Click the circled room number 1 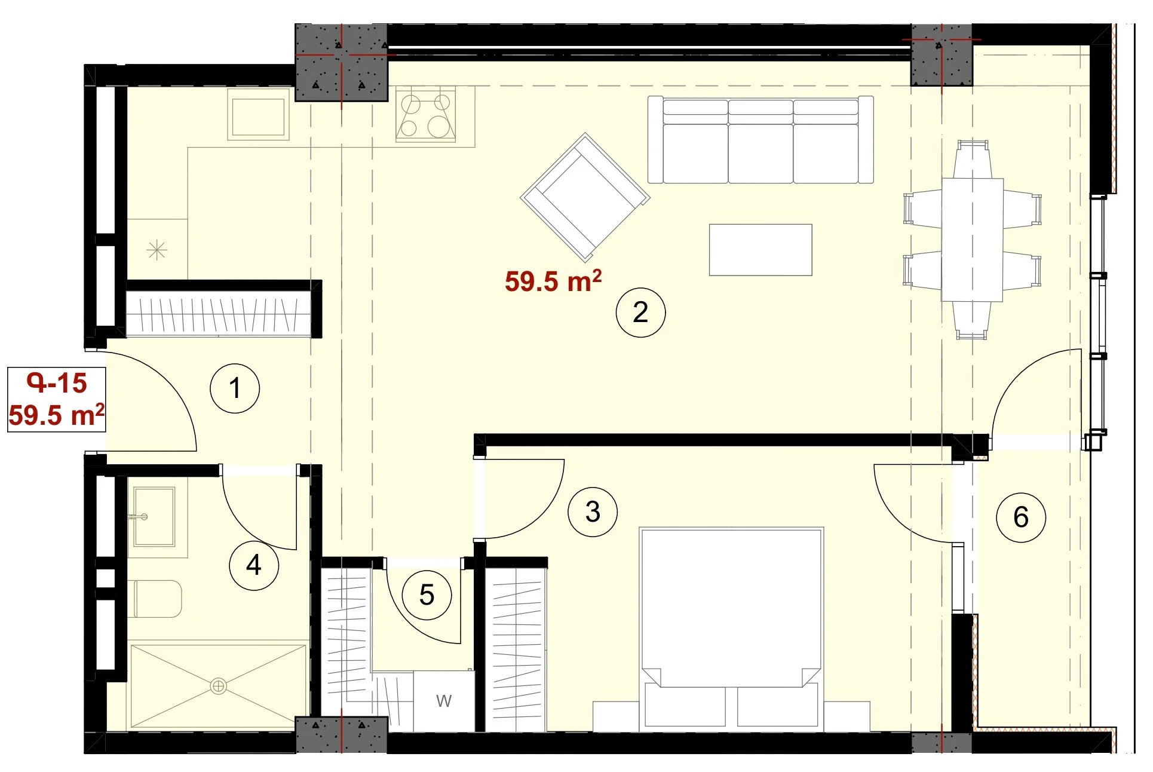(235, 388)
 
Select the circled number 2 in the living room (640, 313)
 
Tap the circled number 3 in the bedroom (593, 511)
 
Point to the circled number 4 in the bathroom (254, 565)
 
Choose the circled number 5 (427, 595)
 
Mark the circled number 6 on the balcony (1021, 517)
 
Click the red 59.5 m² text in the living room (553, 281)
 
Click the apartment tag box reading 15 (57, 399)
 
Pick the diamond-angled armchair (585, 197)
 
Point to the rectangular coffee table (761, 250)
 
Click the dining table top (973, 240)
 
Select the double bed (731, 629)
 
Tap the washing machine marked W (444, 701)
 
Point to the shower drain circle (219, 687)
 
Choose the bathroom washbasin (154, 517)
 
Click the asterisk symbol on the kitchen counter (157, 250)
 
